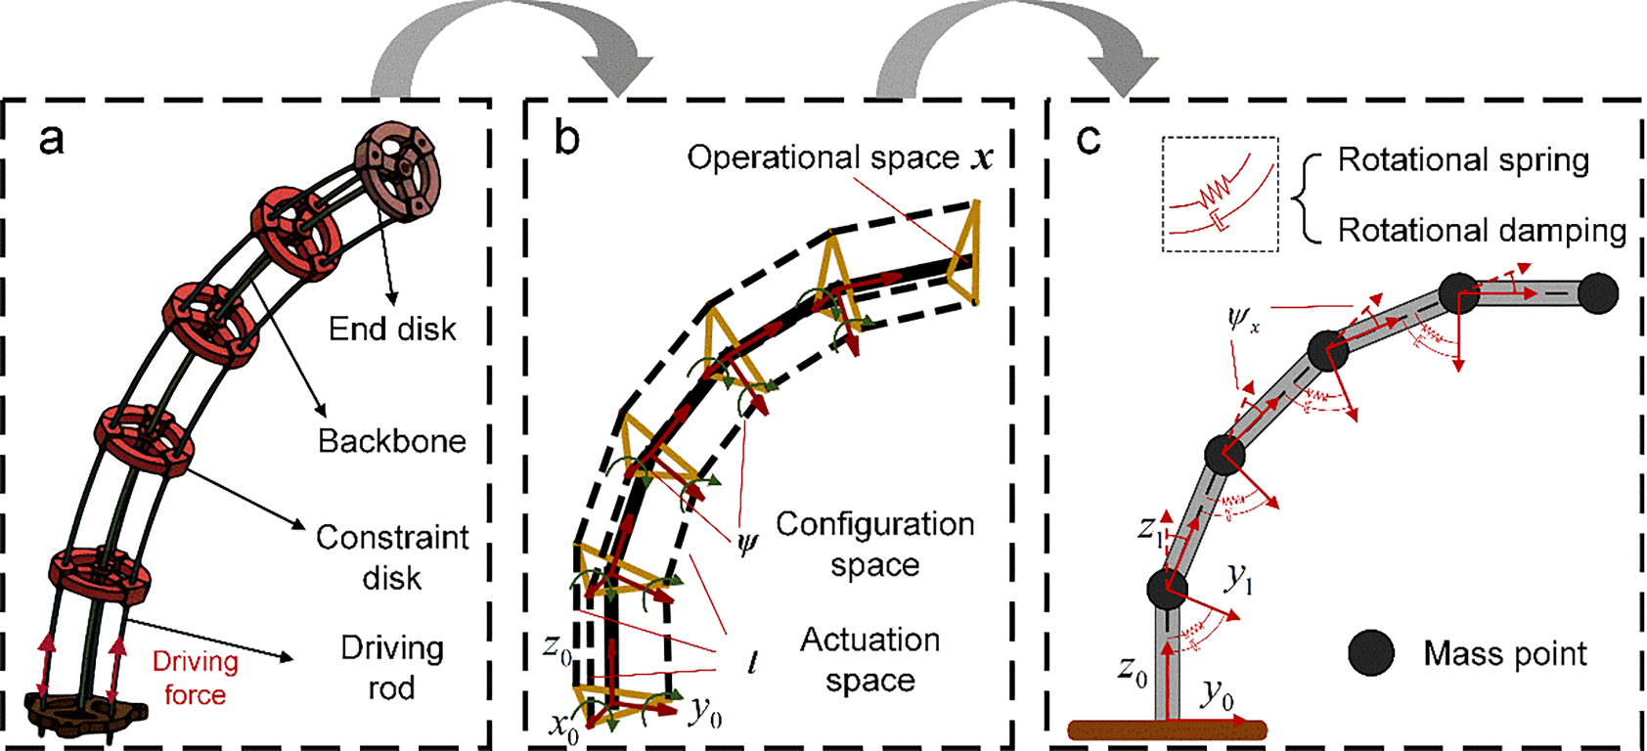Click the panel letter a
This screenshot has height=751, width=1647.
click(51, 139)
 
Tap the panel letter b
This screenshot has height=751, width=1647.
click(566, 139)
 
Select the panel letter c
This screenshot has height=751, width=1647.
click(1088, 139)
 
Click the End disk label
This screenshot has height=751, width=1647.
click(392, 330)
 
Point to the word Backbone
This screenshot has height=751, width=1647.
click(392, 441)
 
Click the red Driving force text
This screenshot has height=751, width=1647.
click(195, 678)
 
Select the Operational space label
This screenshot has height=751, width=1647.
click(839, 157)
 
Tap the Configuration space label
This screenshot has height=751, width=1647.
click(874, 544)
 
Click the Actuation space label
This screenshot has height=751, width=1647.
click(869, 659)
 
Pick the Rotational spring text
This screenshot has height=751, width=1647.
click(1463, 159)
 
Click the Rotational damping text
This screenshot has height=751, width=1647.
click(1482, 230)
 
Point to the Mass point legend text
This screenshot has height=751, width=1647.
click(1504, 653)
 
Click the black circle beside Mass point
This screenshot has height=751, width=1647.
click(1371, 653)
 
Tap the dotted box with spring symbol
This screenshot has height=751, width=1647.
click(1220, 194)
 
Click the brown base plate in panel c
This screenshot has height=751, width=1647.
click(1167, 729)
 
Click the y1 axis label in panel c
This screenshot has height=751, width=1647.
click(1239, 579)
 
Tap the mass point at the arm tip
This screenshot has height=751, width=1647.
click(1597, 292)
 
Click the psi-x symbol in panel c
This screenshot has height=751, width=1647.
click(1243, 319)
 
